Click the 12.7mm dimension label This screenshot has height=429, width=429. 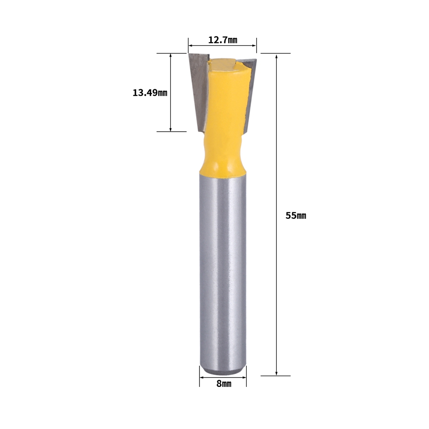click(223, 40)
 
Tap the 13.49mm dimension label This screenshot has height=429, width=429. click(150, 93)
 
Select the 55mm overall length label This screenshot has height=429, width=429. click(296, 216)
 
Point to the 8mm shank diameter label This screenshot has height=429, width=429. click(224, 384)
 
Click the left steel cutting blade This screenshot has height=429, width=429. click(199, 90)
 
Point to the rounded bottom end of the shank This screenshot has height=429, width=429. click(223, 372)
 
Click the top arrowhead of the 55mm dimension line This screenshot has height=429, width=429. click(277, 56)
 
